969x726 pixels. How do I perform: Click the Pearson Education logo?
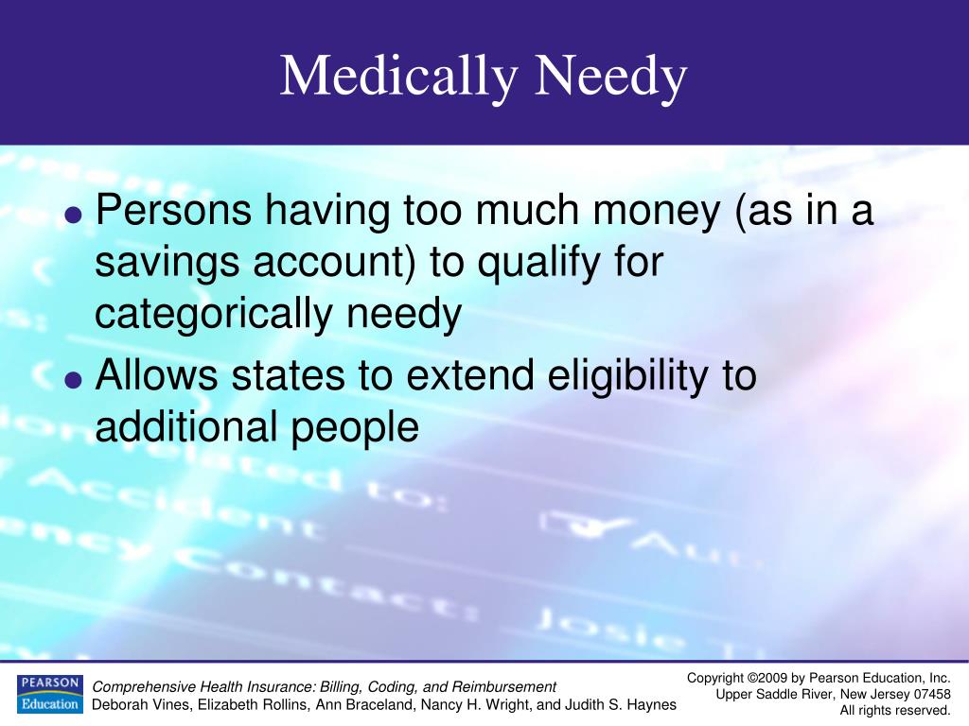coord(49,694)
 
